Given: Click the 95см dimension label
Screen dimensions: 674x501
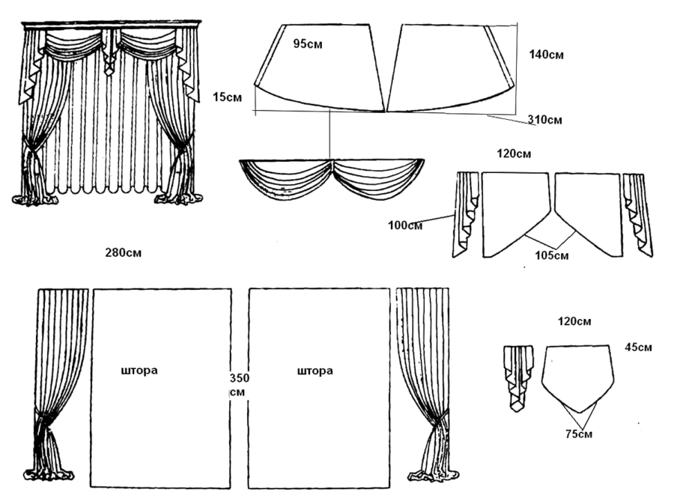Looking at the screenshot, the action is pos(308,44).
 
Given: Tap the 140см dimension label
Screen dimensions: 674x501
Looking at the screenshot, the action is pos(546,55).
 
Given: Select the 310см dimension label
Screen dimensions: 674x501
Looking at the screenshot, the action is pos(544,120).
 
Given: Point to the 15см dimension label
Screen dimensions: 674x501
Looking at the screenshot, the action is pos(227,97).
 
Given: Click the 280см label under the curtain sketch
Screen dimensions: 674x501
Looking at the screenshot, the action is pos(124,252).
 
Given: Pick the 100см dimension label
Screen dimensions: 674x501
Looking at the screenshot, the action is pos(405,225).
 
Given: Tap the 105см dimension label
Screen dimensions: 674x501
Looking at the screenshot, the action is pos(551,255).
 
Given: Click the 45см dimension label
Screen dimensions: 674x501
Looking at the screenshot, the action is pos(638,347).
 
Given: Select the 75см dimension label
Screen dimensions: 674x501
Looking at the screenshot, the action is pos(579,434).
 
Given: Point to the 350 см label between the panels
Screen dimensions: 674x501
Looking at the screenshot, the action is pos(239,385).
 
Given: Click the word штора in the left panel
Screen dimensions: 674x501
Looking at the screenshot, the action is pos(139,371).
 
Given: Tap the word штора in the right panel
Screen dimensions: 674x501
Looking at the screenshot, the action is pos(315,371).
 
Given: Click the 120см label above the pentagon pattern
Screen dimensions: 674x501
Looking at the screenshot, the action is pos(574,321).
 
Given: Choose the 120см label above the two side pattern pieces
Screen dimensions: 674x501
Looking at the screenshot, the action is pos(514,154).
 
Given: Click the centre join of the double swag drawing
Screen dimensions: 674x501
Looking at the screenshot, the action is pos(333,164).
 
